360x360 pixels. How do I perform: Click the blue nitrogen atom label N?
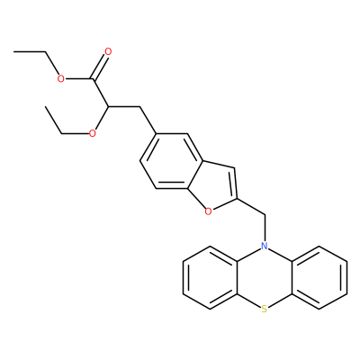pos(264,247)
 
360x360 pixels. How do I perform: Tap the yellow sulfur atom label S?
pos(264,309)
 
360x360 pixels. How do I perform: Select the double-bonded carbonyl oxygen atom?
pos(108,51)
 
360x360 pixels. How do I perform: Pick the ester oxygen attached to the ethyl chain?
pos(61,79)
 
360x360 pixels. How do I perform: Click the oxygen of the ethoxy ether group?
pos(93,133)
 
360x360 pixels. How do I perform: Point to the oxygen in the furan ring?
pos(208,211)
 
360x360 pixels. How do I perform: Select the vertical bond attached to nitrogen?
pos(265,228)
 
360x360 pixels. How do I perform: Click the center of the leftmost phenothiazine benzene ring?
pos(210,277)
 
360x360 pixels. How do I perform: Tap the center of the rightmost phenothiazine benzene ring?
pos(319,277)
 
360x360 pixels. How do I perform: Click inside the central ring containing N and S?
pos(265,277)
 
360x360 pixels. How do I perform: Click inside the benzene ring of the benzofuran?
pos(172,161)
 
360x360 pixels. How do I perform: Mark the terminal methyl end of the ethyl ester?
pos(14,52)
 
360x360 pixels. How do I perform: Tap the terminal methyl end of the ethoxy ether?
pos(45,106)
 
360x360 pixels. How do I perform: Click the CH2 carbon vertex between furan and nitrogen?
pos(265,215)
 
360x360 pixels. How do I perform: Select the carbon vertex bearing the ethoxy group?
pos(109,106)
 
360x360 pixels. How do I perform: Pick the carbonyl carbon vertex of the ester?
pos(93,79)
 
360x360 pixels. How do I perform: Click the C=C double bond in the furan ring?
pos(235,183)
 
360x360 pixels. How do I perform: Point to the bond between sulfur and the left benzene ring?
pos(248,301)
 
